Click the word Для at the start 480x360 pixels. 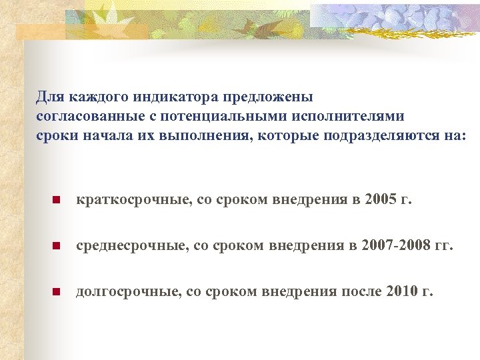tap(48, 97)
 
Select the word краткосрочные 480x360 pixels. tap(131, 199)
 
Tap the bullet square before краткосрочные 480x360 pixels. tap(57, 200)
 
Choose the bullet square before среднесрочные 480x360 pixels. tap(57, 246)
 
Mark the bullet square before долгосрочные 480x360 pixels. tap(57, 291)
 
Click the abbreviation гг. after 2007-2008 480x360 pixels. tap(443, 245)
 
